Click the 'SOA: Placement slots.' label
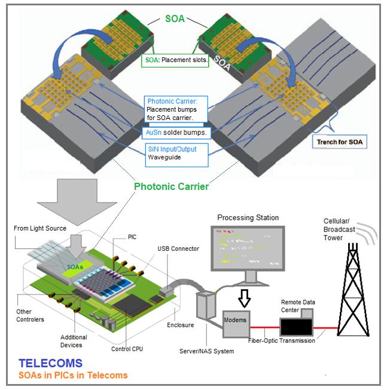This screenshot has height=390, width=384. pyautogui.click(x=176, y=61)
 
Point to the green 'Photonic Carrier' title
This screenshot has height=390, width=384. pyautogui.click(x=170, y=187)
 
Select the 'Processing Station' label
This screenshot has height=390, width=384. pyautogui.click(x=248, y=217)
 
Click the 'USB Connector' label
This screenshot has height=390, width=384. pyautogui.click(x=178, y=248)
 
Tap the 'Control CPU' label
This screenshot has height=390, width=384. pyautogui.click(x=127, y=349)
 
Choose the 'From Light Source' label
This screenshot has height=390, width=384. pyautogui.click(x=42, y=229)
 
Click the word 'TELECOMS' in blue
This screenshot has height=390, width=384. pyautogui.click(x=50, y=363)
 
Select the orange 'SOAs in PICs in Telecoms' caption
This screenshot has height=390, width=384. pyautogui.click(x=73, y=375)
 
